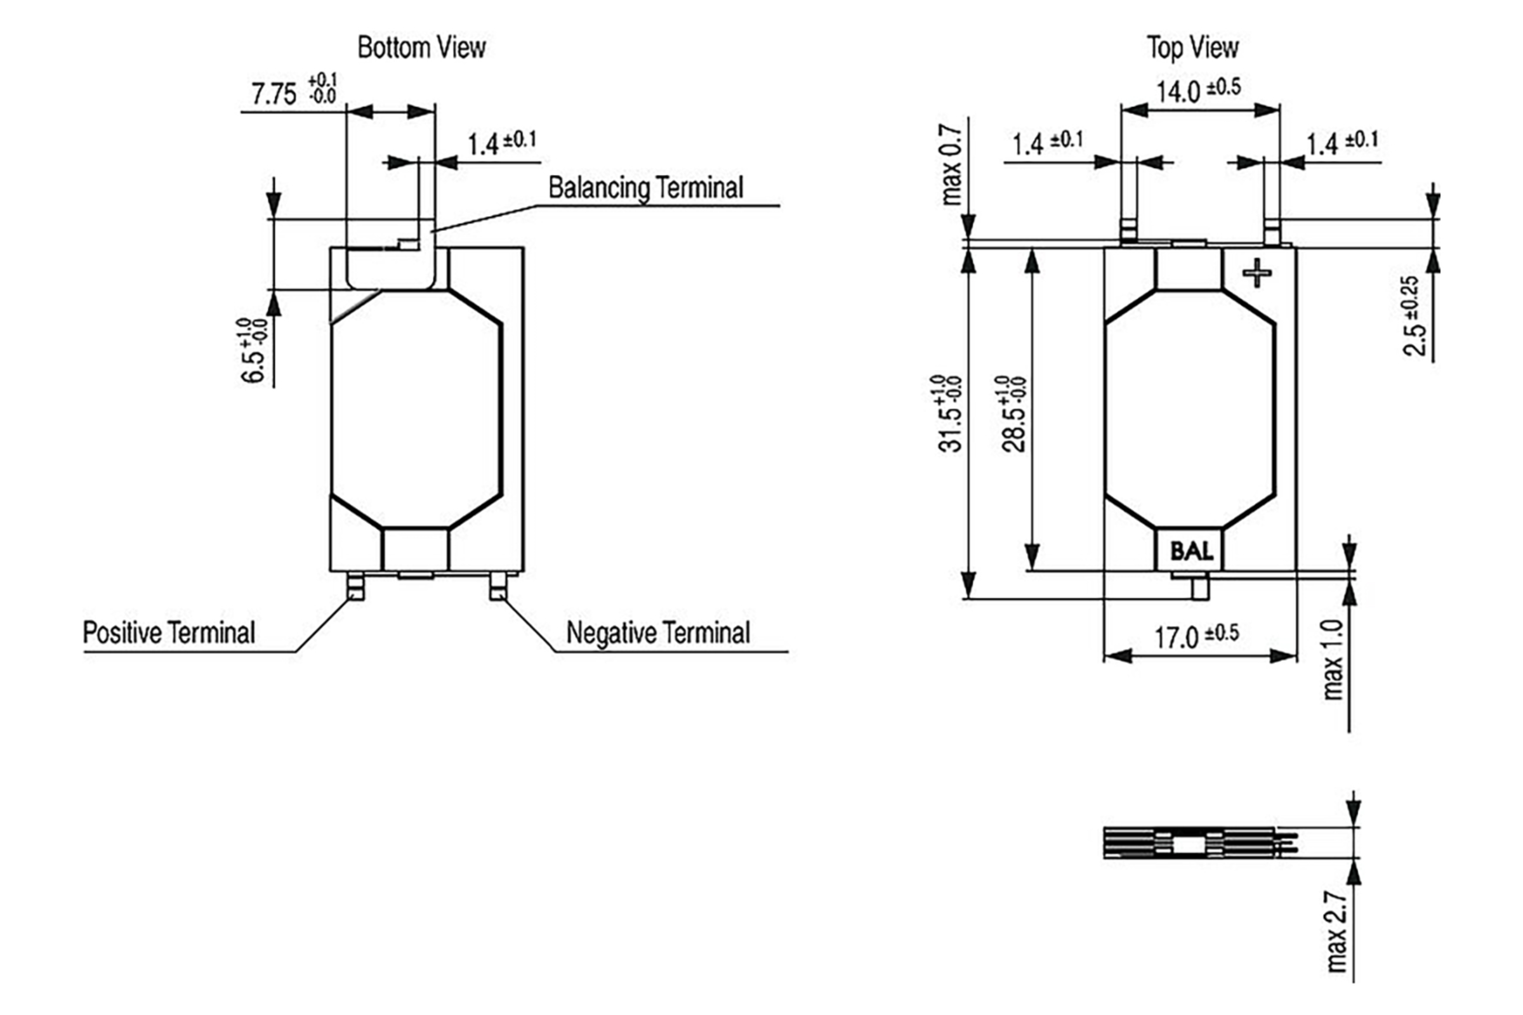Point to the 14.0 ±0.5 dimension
pos(1199,90)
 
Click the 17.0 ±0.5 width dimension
pos(1197,636)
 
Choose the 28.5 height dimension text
pos(1013,414)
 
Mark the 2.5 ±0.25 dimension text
pos(1416,316)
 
